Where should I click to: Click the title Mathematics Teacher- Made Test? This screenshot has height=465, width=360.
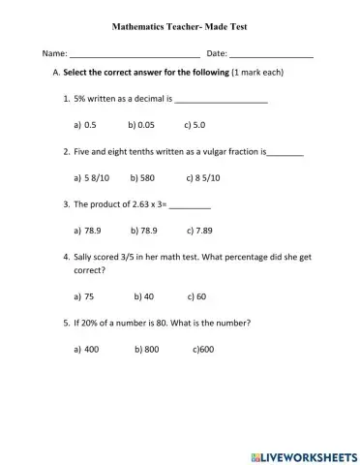180,17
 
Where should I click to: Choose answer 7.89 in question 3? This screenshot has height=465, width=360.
198,232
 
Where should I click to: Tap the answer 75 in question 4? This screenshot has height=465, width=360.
88,296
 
